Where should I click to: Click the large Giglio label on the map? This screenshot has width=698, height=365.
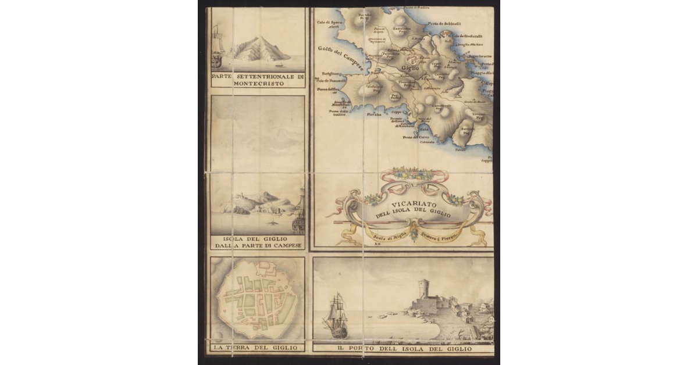click(410, 68)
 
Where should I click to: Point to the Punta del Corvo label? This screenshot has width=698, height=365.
click(412, 137)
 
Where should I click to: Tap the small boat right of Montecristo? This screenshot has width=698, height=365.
click(280, 65)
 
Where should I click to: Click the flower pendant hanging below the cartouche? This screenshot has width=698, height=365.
click(414, 235)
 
